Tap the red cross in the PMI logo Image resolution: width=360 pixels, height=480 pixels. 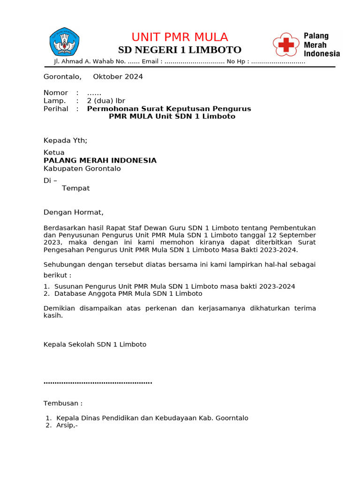pyautogui.click(x=286, y=45)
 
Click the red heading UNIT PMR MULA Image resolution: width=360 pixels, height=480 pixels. pyautogui.click(x=180, y=37)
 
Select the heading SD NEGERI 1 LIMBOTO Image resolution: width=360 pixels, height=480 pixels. pyautogui.click(x=180, y=50)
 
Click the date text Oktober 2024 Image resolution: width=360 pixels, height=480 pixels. pyautogui.click(x=118, y=77)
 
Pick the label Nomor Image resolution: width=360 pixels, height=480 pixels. pyautogui.click(x=56, y=93)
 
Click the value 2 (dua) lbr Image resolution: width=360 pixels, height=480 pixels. pyautogui.click(x=106, y=101)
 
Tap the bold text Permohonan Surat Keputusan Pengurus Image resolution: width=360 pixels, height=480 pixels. pyautogui.click(x=169, y=109)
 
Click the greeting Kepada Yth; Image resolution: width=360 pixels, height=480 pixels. pyautogui.click(x=65, y=140)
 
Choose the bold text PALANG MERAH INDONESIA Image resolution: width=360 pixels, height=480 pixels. pyautogui.click(x=100, y=161)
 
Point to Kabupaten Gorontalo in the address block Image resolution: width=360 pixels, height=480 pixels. pyautogui.click(x=82, y=169)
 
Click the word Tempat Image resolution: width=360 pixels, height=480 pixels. pyautogui.click(x=75, y=188)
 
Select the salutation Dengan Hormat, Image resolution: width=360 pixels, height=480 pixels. pyautogui.click(x=73, y=212)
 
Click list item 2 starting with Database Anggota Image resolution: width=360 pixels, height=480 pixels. pyautogui.click(x=128, y=294)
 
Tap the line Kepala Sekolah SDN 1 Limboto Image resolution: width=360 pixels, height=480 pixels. pyautogui.click(x=95, y=345)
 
